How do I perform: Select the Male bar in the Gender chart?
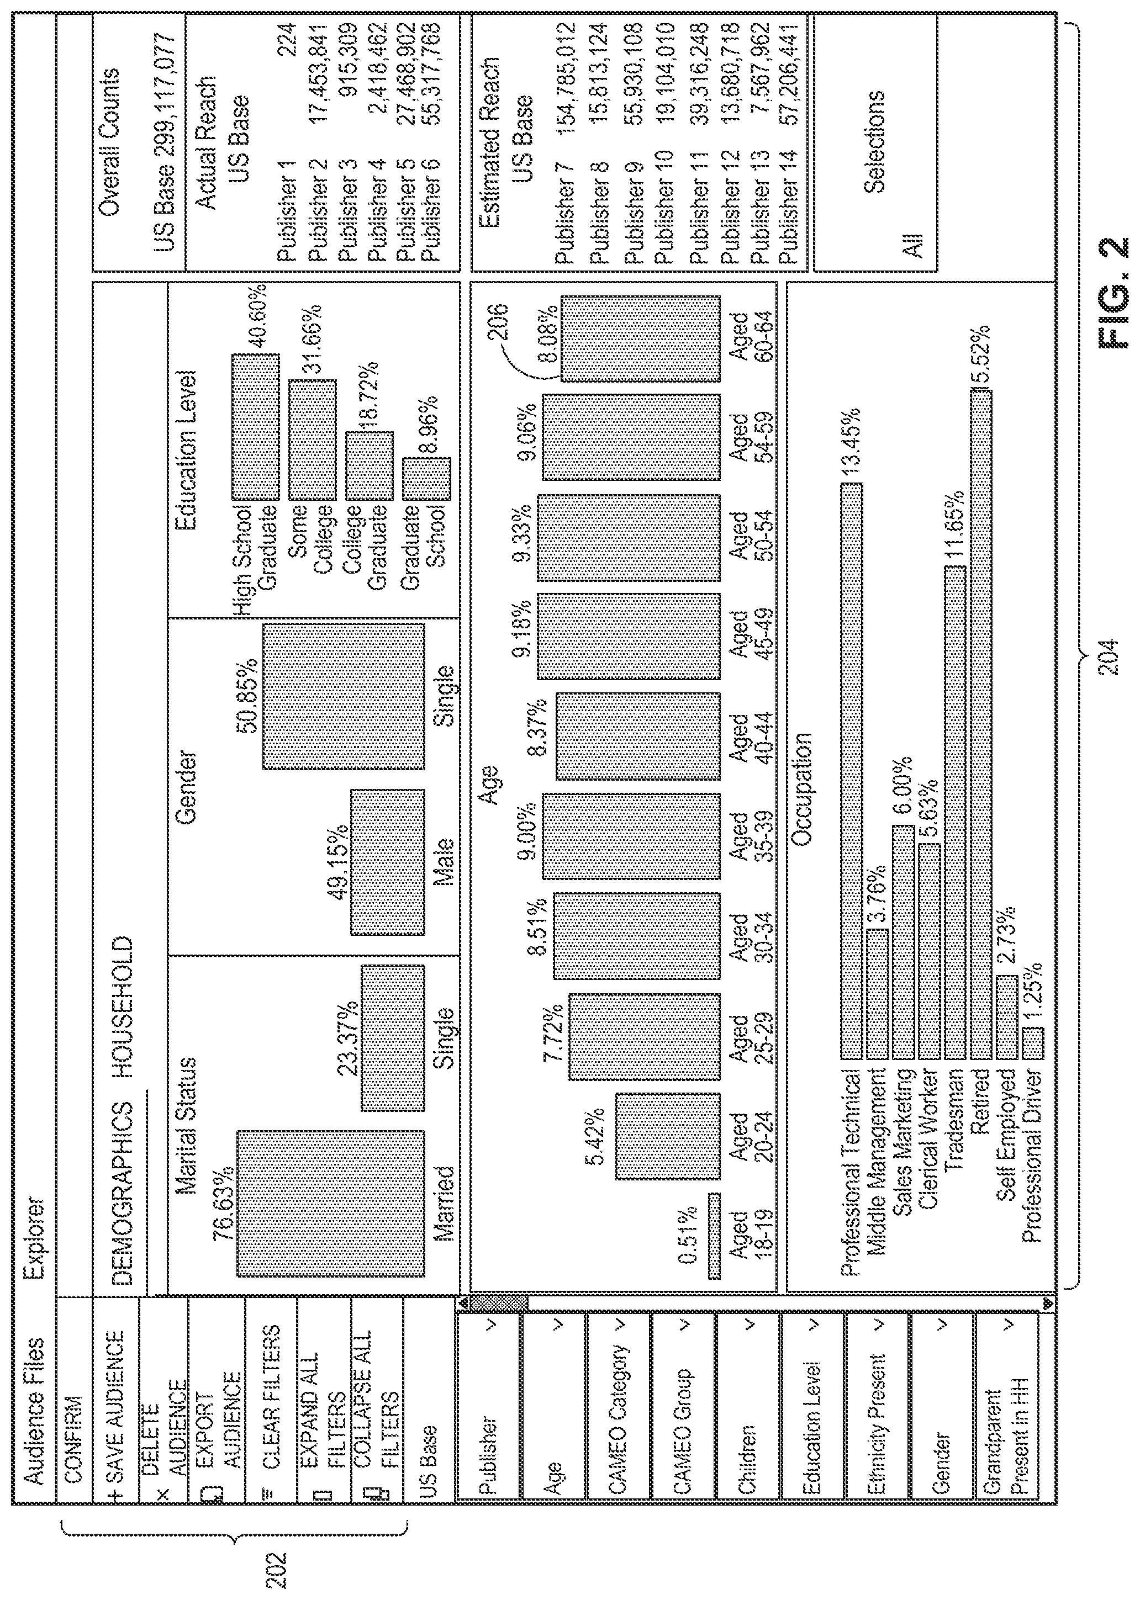[388, 862]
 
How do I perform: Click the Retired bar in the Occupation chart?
[980, 724]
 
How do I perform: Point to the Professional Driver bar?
[1033, 1043]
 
